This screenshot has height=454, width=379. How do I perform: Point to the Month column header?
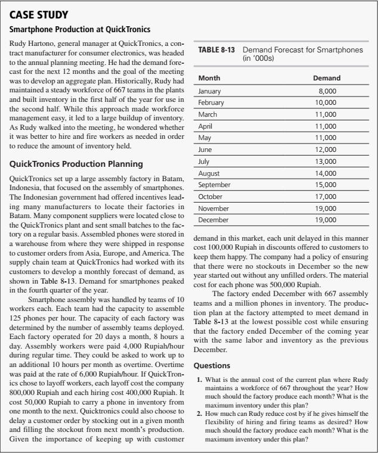click(x=209, y=78)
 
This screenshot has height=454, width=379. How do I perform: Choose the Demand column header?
click(x=326, y=78)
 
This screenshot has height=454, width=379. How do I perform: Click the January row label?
click(x=209, y=92)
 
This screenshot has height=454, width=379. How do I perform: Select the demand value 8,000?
click(x=329, y=92)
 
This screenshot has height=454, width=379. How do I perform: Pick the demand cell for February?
click(x=328, y=103)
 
